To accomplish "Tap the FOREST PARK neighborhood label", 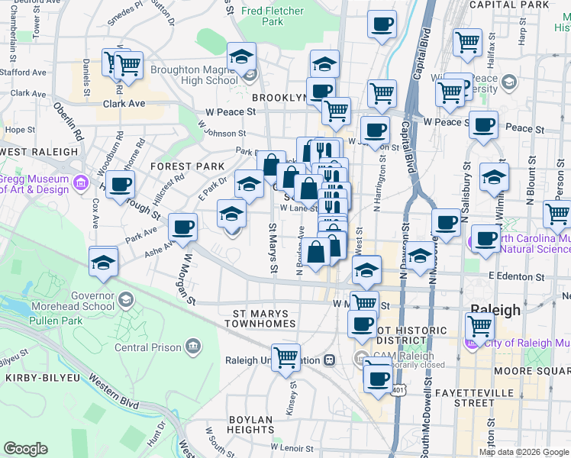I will pos(188,166).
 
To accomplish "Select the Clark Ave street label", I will pos(124,103).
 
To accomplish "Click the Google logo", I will pos(26,449).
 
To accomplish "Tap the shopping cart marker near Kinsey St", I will pos(285,356).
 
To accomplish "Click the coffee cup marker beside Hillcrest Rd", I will pos(119,184).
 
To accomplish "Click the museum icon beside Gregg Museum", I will pos(79,182).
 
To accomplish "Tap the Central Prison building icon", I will pos(193,348).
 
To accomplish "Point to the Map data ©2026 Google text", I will pos(523,451).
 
